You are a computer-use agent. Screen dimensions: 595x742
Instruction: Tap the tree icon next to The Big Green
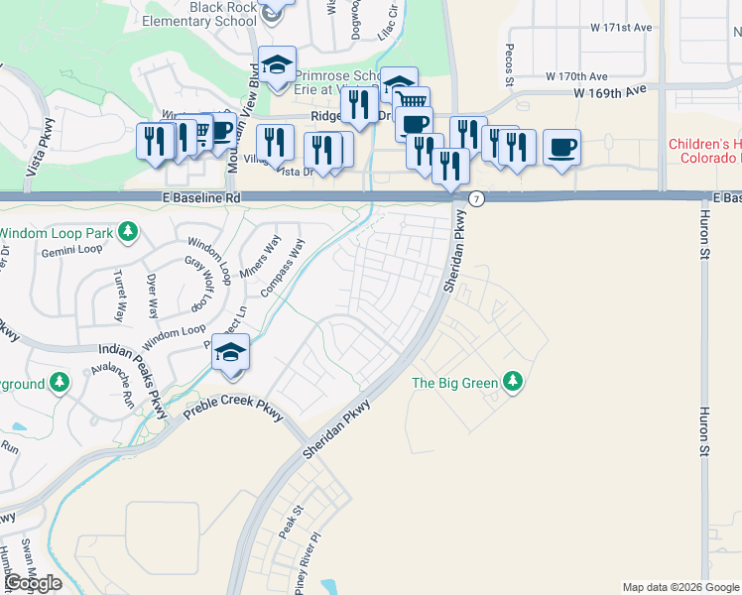513,381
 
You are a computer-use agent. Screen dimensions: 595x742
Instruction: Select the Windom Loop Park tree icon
128,233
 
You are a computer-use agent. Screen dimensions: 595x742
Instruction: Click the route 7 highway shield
477,198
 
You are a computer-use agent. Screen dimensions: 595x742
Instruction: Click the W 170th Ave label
576,76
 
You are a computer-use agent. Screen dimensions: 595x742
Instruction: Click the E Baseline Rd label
202,198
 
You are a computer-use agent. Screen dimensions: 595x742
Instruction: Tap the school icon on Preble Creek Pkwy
231,354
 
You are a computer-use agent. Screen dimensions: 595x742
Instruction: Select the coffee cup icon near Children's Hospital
562,147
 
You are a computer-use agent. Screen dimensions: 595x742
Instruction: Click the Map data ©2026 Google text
680,587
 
